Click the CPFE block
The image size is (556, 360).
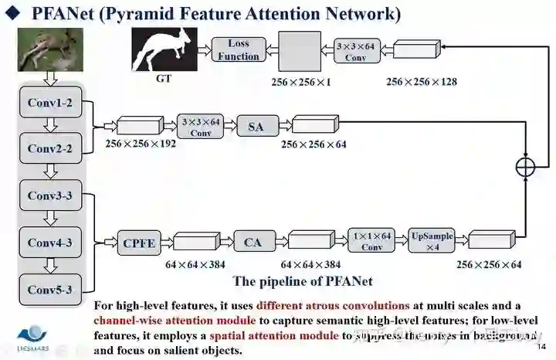[139, 243]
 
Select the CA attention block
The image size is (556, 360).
[253, 243]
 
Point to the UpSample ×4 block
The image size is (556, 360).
[432, 241]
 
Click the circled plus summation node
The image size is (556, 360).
[526, 165]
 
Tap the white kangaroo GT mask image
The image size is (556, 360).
[161, 49]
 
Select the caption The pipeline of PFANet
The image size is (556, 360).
[297, 281]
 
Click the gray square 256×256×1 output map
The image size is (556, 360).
[299, 52]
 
